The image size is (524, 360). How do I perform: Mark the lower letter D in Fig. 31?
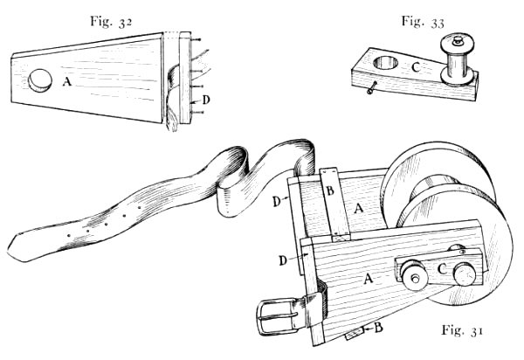(283, 260)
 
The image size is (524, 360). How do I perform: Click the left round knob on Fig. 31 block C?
(412, 277)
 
